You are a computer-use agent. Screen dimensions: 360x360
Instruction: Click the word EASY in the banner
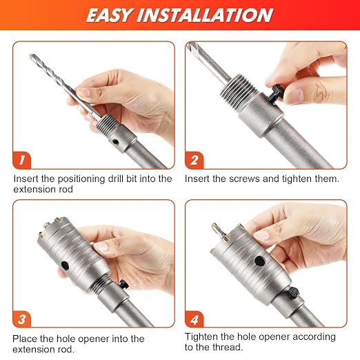point(109,15)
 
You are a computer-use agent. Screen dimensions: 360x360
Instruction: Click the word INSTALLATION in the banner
point(205,15)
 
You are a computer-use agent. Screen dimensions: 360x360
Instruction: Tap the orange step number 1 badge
point(21,160)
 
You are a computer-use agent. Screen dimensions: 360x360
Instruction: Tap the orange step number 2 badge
point(194,160)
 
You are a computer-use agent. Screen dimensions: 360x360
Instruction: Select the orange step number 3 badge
point(21,319)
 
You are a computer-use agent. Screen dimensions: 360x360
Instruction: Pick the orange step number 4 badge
point(194,319)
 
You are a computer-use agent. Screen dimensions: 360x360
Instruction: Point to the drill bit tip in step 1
point(32,56)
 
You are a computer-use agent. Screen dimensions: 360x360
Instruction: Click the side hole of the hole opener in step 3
point(65,266)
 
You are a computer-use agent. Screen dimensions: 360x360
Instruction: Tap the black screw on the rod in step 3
point(124,284)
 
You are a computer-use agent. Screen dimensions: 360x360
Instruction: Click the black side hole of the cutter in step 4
point(260,261)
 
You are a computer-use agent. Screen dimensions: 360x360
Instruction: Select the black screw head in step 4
point(293,293)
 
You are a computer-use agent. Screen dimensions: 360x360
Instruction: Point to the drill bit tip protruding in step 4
point(214,226)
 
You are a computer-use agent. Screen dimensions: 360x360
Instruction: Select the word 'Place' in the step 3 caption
point(25,339)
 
